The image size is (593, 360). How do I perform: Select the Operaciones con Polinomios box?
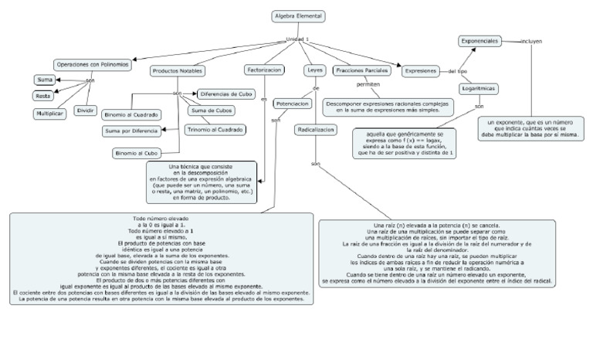point(91,64)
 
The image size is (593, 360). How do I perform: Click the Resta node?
point(43,96)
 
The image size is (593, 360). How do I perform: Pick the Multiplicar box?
point(49,114)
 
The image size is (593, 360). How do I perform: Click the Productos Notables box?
point(177,70)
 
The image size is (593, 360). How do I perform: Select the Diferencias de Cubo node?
point(226,93)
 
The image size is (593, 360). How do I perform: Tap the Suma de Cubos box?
point(211,110)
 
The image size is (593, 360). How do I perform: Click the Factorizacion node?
point(263,70)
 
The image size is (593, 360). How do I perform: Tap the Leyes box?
point(315,70)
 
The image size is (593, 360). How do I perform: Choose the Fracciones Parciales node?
point(361,70)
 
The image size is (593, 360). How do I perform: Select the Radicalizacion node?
point(315,131)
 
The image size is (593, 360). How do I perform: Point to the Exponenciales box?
point(479,40)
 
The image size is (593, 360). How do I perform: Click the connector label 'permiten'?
point(368,84)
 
